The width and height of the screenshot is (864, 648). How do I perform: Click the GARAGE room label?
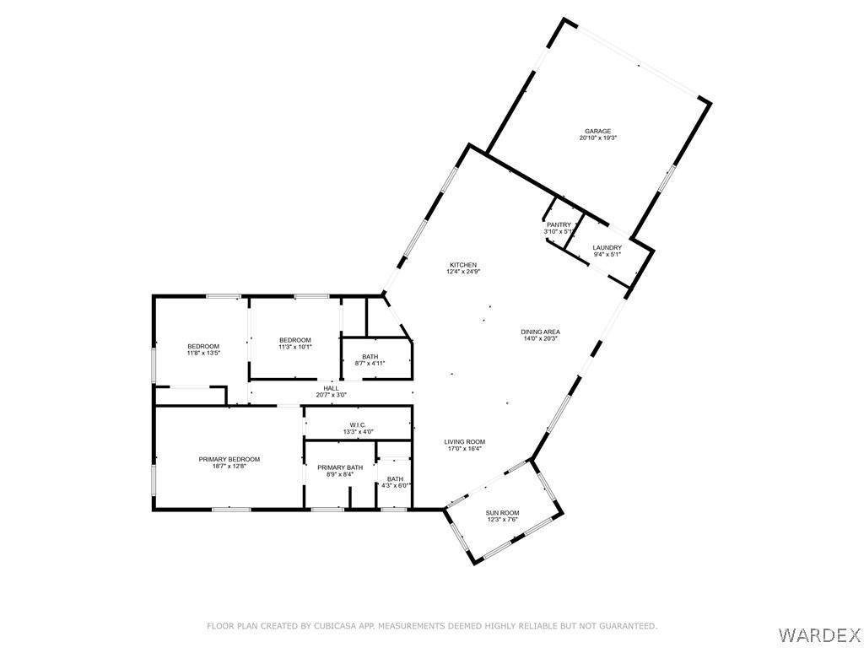pos(598,131)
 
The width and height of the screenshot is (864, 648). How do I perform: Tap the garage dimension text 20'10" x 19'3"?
pos(598,138)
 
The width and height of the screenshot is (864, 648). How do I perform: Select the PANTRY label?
pos(559,224)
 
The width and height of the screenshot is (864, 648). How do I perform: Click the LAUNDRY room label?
pos(607,248)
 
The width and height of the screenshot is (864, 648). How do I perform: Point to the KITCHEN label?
pos(463,265)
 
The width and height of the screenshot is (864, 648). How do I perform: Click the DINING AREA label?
pos(541,332)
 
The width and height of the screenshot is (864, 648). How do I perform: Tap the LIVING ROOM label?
pos(465,442)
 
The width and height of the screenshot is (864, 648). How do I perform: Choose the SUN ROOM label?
pos(503,513)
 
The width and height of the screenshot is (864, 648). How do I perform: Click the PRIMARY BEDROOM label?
pos(229,460)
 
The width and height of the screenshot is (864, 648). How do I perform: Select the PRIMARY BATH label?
pos(340,467)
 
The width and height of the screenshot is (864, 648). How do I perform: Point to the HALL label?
pos(331,388)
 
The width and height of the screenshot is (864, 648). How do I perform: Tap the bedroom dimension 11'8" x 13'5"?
pos(204,354)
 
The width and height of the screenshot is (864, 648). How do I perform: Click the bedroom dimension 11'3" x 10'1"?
pos(295,347)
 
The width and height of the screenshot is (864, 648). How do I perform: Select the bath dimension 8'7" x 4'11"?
pos(370,363)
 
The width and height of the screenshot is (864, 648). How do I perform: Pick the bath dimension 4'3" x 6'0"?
pos(395,485)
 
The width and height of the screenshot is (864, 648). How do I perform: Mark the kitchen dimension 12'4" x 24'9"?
pos(463,272)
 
